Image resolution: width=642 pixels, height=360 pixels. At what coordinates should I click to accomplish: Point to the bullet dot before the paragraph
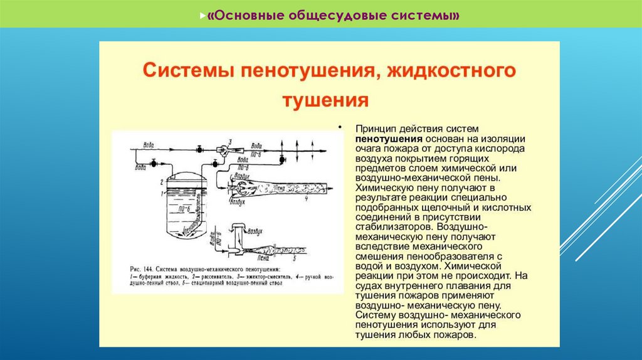click(x=342, y=127)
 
